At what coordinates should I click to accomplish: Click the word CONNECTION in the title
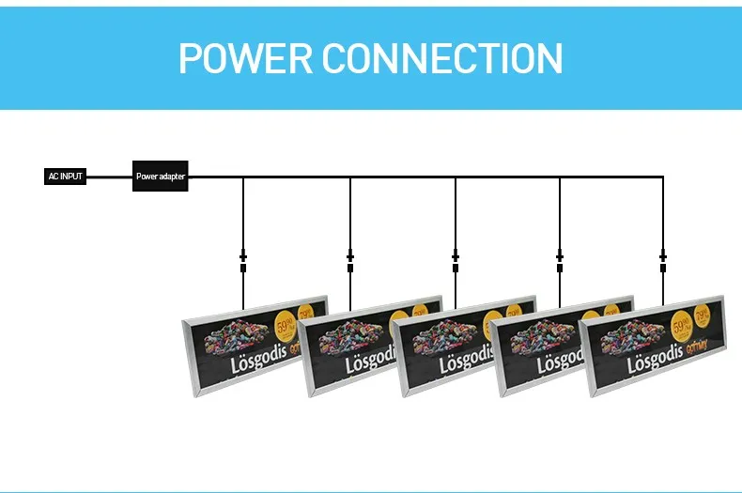tap(442, 58)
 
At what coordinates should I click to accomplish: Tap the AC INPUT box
tap(66, 176)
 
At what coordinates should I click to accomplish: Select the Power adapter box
tap(161, 176)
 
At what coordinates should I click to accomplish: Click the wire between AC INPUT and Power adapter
tap(109, 176)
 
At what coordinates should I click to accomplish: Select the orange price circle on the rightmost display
tap(685, 325)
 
